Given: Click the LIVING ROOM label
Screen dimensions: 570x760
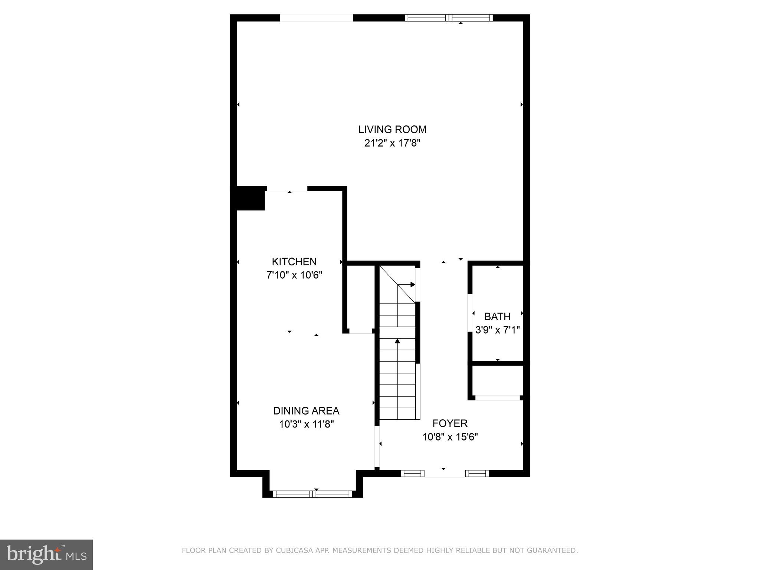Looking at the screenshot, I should pos(392,130).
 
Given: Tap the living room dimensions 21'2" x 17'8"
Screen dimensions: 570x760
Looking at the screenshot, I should pos(392,143).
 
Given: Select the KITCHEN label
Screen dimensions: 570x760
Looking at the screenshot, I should pos(294,262).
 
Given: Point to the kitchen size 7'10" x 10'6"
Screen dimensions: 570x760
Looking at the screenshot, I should pos(294,275).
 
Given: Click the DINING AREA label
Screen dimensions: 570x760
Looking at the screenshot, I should pos(306,411).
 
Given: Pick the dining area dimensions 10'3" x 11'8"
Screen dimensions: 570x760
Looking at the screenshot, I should pos(307,424).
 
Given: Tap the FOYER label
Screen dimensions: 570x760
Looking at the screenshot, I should pos(450,423).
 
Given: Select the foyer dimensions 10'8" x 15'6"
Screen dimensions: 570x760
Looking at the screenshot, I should pos(450,437).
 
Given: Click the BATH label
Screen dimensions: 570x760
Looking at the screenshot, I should pos(497,317).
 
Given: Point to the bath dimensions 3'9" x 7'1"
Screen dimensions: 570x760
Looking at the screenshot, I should pos(497,330).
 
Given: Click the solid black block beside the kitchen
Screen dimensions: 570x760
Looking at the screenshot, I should pos(250,199).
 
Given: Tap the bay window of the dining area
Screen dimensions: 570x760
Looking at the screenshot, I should pos(312,494).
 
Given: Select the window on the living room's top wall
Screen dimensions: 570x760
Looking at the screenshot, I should pos(449,18).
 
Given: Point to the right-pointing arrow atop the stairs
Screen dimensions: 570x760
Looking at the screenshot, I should pos(412,285).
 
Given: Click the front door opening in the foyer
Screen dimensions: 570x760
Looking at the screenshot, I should pos(444,473).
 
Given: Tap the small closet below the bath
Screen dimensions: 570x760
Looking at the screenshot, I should pos(498,380).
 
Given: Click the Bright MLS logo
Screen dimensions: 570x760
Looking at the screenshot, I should pos(46,554).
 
